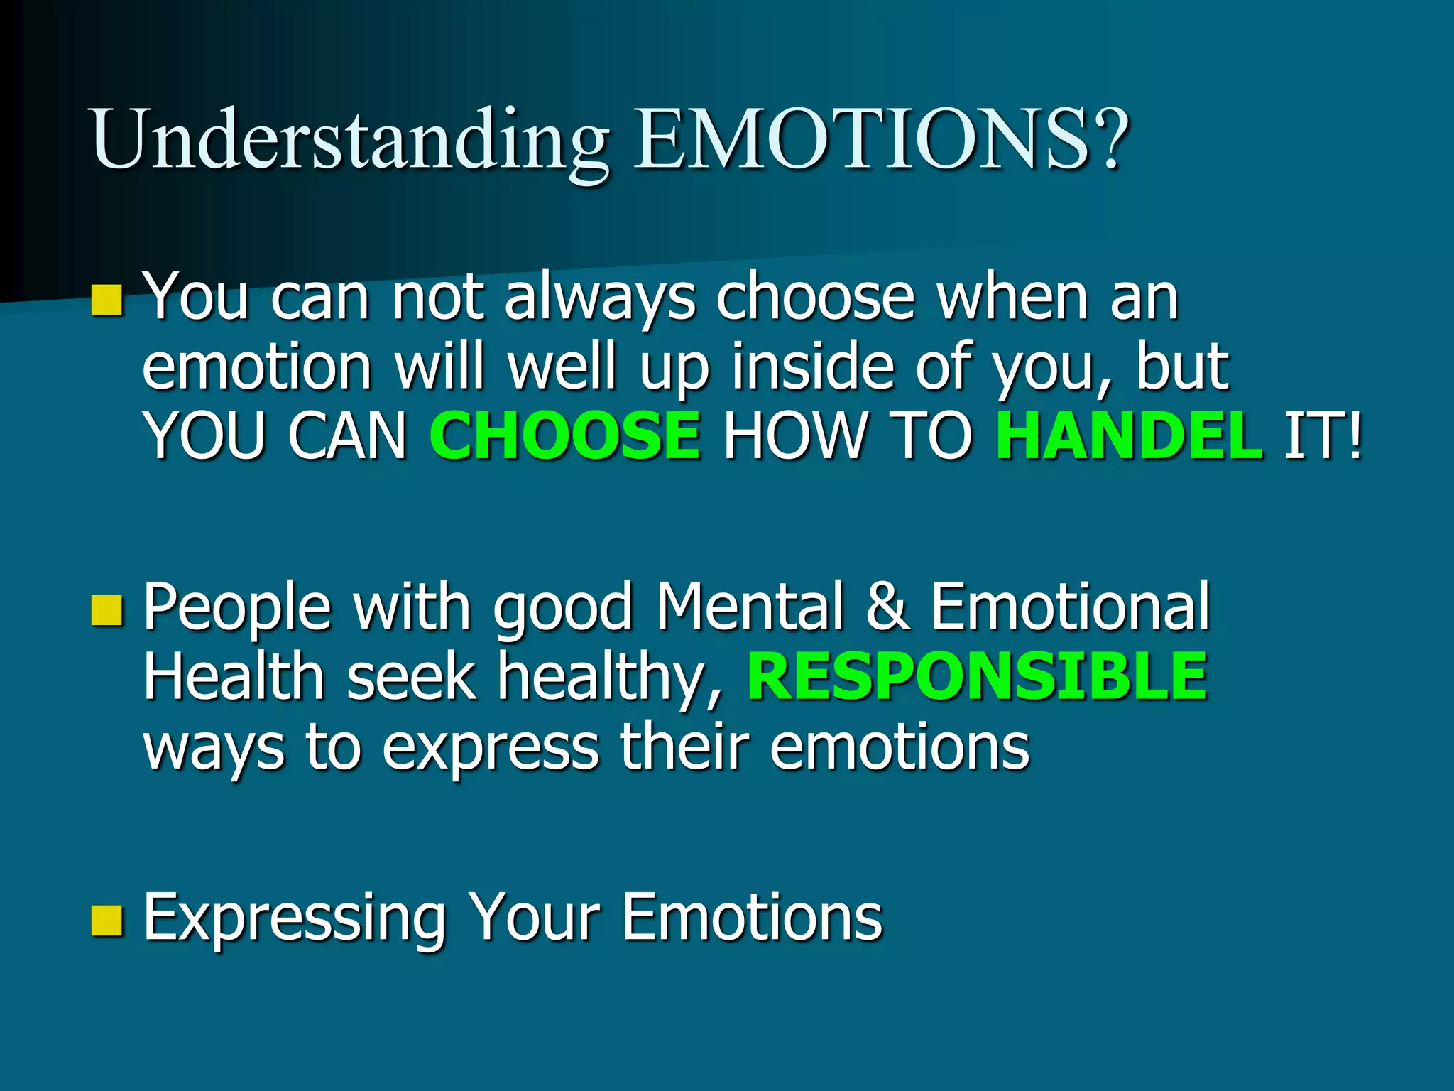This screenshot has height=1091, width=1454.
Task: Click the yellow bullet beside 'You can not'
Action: pos(107,300)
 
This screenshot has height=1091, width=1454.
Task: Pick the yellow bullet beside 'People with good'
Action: pos(107,610)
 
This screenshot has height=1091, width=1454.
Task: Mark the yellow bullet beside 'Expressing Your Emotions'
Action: pos(107,920)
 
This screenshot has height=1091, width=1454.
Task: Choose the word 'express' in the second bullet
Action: pos(491,747)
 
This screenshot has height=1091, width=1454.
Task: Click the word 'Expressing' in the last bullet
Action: pos(295,918)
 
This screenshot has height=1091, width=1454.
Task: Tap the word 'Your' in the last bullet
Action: pos(536,917)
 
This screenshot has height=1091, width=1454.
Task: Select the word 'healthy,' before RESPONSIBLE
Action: pos(611,677)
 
